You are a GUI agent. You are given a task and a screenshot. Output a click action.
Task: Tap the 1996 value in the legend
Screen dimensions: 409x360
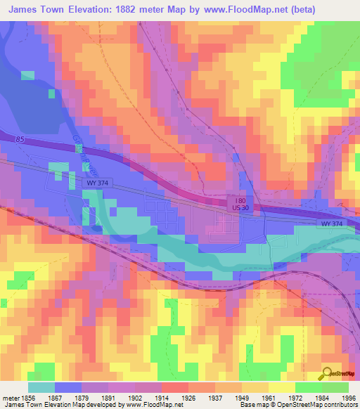(348, 397)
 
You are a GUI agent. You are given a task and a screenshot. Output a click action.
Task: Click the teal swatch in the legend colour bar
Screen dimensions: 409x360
(42, 387)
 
